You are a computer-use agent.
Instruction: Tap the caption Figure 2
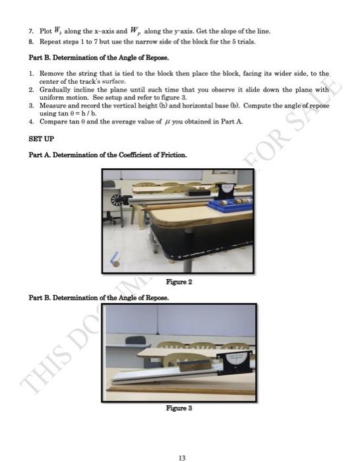180,281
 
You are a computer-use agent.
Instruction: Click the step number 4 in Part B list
31,121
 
